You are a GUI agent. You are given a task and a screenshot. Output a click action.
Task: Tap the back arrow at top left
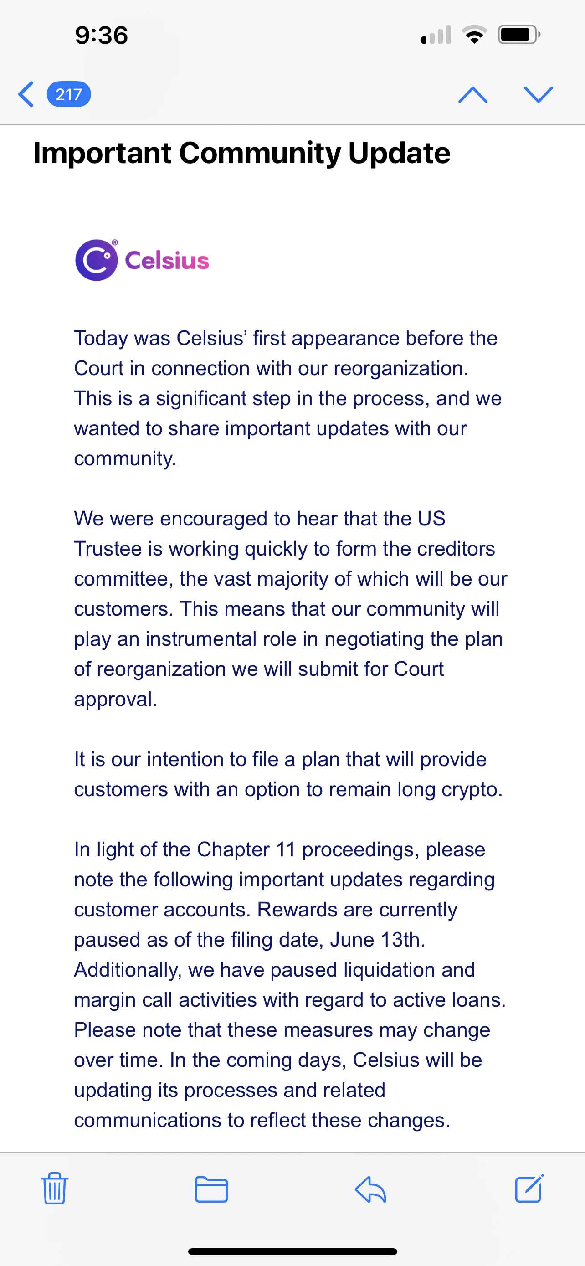[26, 94]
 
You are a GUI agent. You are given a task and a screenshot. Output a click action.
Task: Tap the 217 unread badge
[69, 94]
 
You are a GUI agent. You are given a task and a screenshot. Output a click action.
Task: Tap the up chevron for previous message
[472, 94]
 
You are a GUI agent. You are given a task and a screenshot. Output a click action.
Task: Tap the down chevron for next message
[539, 94]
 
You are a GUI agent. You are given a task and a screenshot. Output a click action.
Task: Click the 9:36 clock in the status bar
[101, 36]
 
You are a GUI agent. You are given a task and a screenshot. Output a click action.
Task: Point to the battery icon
[518, 35]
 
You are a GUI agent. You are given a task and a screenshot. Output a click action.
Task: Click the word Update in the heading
[399, 153]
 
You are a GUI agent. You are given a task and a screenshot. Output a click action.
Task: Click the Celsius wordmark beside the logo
[167, 261]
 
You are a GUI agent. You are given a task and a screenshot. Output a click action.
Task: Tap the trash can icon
[55, 1189]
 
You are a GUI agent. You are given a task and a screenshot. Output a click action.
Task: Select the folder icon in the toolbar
[211, 1189]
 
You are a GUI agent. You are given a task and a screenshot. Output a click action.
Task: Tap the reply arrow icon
[370, 1189]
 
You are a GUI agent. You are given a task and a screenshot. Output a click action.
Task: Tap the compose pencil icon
[529, 1189]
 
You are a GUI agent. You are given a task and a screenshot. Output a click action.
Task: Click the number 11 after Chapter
[285, 850]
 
